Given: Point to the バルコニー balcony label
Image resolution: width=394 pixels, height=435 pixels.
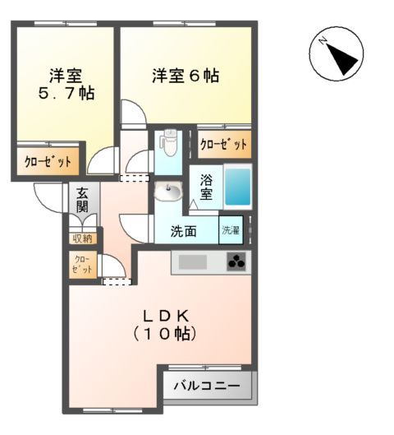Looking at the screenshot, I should click(x=206, y=386).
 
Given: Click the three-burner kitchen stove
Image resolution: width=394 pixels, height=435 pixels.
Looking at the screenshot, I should click(x=236, y=263).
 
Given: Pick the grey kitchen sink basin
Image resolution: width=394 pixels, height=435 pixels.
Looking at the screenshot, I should click(x=195, y=263).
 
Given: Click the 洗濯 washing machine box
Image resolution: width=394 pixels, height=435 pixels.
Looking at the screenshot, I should click(x=231, y=231).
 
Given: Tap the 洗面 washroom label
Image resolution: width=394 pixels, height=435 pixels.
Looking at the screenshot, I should click(x=183, y=231).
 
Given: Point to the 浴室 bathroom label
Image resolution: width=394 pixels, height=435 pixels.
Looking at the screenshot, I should click(x=207, y=187).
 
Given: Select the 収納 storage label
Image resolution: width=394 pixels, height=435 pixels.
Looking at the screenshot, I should click(x=82, y=238).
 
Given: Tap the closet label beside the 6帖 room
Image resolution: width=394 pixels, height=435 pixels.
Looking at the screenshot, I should click(x=223, y=145).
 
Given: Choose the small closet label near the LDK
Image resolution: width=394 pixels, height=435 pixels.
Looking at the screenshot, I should click(x=82, y=264).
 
